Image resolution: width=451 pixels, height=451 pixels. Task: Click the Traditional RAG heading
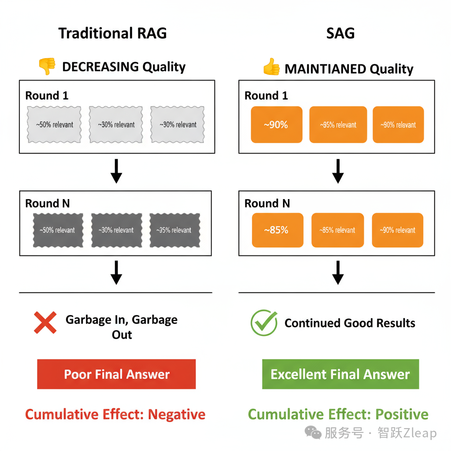113,33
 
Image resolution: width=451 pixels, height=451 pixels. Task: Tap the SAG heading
340,33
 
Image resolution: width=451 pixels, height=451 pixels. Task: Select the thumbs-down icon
47,67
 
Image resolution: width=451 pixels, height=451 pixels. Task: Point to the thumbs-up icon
271,68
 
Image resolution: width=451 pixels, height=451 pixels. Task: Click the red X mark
45,322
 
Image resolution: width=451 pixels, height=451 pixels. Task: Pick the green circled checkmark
264,323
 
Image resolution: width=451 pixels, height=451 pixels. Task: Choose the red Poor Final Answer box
116,374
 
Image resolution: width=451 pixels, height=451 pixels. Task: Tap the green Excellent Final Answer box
340,374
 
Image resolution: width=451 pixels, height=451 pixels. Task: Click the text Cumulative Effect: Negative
115,414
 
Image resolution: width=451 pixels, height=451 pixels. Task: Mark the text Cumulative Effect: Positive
338,414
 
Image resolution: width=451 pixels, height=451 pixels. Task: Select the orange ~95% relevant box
338,125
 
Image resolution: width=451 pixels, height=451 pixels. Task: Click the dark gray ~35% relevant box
174,230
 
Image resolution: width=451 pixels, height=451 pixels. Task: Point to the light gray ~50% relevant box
55,125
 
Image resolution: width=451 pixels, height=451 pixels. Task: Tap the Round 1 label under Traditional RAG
47,96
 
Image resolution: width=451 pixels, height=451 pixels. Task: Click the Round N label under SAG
267,203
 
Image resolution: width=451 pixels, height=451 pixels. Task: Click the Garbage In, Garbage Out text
122,327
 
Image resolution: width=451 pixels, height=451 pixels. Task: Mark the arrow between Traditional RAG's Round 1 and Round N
116,171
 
